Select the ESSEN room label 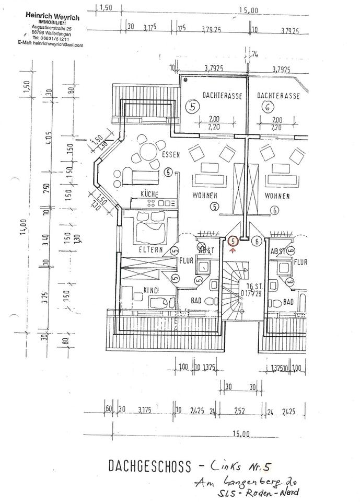171,155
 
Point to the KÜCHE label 149,193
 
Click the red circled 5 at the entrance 233,241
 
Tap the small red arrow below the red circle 233,250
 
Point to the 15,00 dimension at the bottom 242,433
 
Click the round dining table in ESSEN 144,155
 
